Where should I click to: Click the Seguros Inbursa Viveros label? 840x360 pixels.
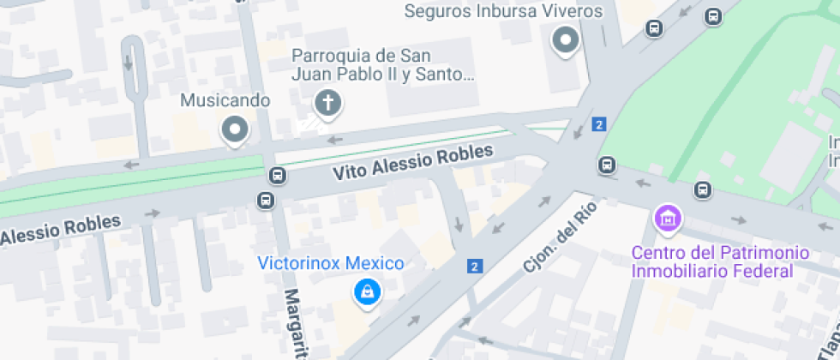pos(503,11)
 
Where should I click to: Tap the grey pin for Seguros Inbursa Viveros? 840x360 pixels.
pos(565,39)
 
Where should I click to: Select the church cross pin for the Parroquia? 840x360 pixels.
pos(327,104)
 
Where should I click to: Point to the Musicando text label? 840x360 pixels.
pos(225,100)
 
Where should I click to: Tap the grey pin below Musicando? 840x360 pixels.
pos(233,130)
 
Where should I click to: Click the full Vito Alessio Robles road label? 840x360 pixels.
pos(413,161)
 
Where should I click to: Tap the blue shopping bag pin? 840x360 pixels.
pos(367,292)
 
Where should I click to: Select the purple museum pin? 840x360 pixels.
pos(667,218)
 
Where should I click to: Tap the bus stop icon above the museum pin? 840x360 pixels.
pos(703,189)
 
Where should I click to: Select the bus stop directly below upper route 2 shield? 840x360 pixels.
pos(607,164)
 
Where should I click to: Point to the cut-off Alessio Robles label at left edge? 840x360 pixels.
pos(60,229)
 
